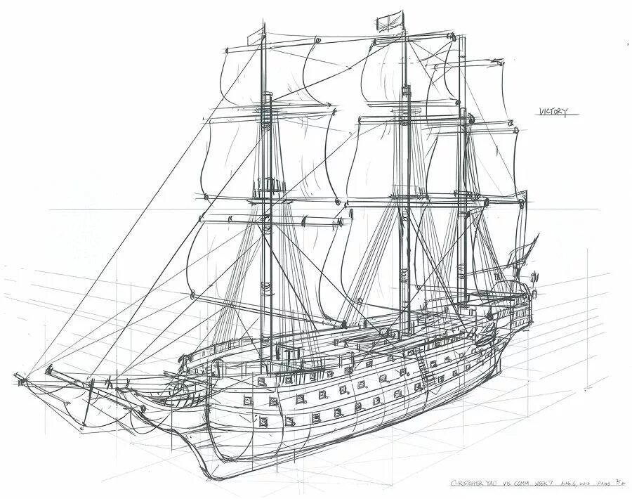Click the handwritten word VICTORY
[x=553, y=111]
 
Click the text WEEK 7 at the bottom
[x=540, y=484]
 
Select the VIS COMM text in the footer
[x=511, y=484]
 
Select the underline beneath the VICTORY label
[x=554, y=117]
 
